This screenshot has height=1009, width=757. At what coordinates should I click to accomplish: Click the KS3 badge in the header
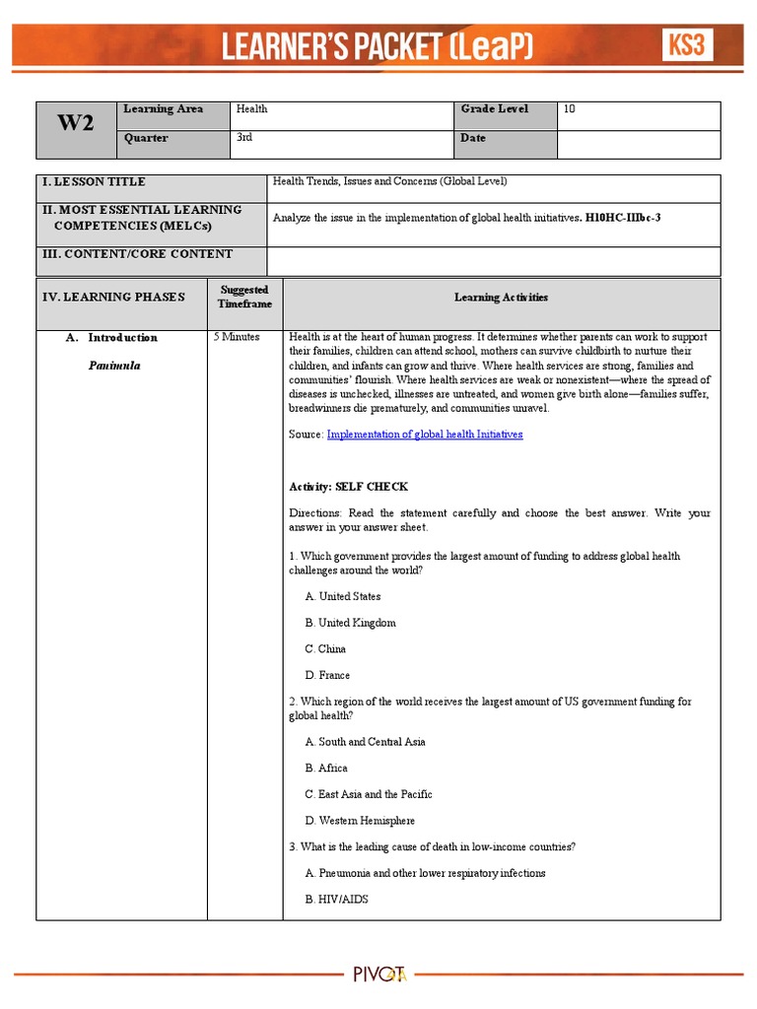[x=687, y=45]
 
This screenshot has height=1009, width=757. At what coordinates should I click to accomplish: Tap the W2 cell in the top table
[x=75, y=124]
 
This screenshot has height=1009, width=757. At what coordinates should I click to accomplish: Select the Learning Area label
[x=163, y=109]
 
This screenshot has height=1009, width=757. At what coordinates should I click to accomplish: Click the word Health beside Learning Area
[x=250, y=109]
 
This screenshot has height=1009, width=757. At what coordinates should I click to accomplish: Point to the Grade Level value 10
[x=569, y=109]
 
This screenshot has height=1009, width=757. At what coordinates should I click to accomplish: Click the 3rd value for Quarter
[x=243, y=138]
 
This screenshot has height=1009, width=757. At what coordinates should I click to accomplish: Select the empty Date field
[x=638, y=144]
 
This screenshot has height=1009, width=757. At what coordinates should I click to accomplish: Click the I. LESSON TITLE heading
[x=94, y=182]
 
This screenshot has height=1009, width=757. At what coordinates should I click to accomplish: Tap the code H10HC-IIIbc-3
[x=623, y=217]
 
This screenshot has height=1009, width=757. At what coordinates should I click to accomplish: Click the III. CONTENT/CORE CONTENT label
[x=137, y=254]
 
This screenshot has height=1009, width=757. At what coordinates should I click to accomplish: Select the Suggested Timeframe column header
[x=243, y=297]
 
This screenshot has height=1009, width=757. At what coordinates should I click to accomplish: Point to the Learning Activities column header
[x=501, y=297]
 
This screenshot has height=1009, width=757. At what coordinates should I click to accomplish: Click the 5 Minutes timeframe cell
[x=237, y=337]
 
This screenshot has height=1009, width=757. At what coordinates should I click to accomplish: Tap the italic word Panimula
[x=113, y=366]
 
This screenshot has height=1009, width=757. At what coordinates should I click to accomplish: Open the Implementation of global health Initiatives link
[x=425, y=435]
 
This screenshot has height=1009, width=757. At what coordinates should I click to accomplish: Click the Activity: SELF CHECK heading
[x=348, y=487]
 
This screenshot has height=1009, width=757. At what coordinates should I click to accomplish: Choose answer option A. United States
[x=342, y=596]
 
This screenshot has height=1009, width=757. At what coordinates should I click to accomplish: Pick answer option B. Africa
[x=326, y=768]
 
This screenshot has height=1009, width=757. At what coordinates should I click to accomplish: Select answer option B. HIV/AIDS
[x=336, y=900]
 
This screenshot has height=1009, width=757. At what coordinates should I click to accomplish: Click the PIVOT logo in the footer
[x=380, y=975]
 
